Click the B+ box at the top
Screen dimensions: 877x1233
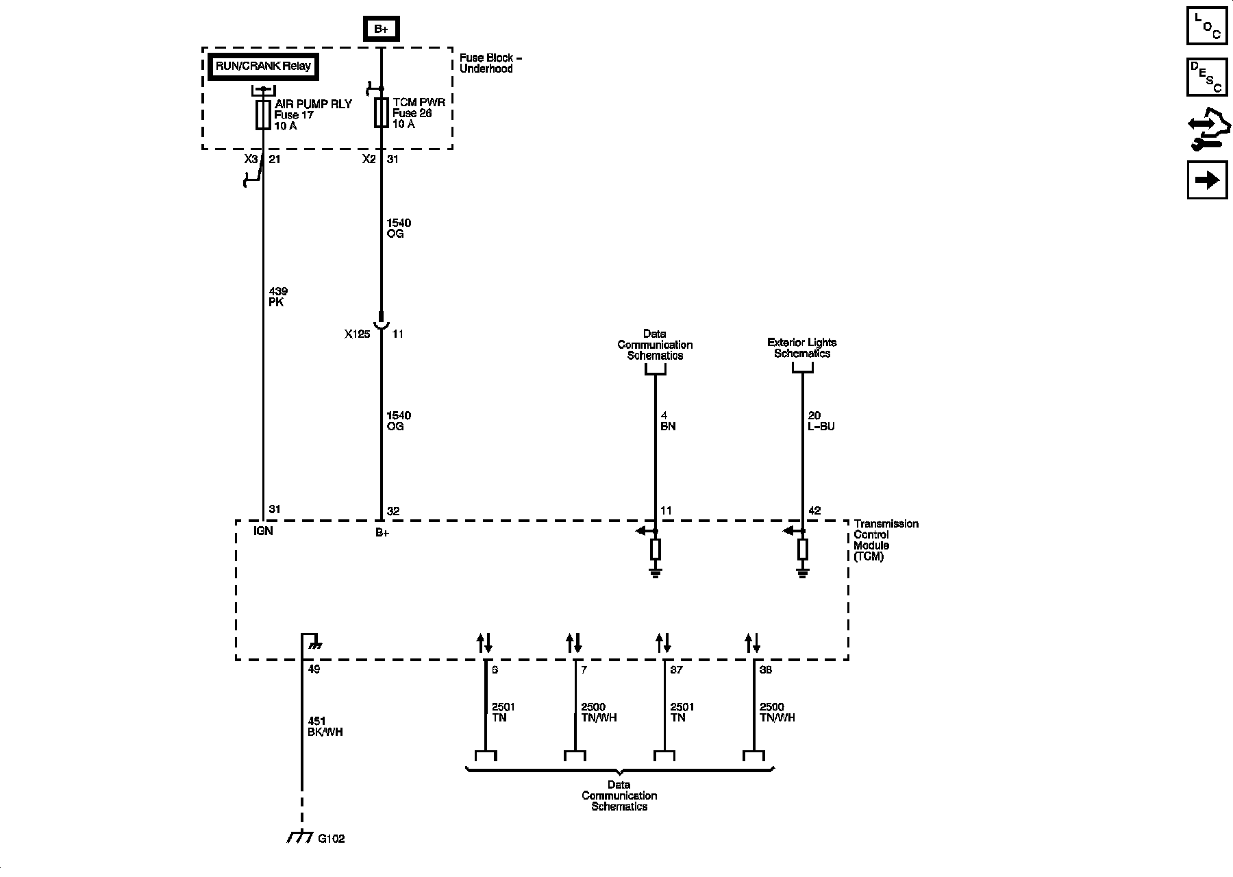381,29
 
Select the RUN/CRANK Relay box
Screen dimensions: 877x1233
263,66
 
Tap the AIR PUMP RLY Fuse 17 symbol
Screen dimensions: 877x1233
262,114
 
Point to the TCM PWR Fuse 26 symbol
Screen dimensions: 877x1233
381,112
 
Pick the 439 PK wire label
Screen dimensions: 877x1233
277,297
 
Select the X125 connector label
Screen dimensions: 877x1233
357,334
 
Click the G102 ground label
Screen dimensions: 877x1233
332,838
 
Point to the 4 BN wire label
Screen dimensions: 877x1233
667,421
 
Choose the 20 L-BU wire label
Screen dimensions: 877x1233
821,421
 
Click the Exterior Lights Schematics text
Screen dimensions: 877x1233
801,348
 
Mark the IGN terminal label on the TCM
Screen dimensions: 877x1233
263,531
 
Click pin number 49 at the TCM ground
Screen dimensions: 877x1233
314,669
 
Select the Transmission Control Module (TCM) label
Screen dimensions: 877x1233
885,540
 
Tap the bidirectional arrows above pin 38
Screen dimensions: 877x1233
753,643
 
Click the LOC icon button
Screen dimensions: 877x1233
1207,25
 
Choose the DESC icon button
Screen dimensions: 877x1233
1207,76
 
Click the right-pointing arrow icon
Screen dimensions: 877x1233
1207,180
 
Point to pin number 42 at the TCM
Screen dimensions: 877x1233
814,510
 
